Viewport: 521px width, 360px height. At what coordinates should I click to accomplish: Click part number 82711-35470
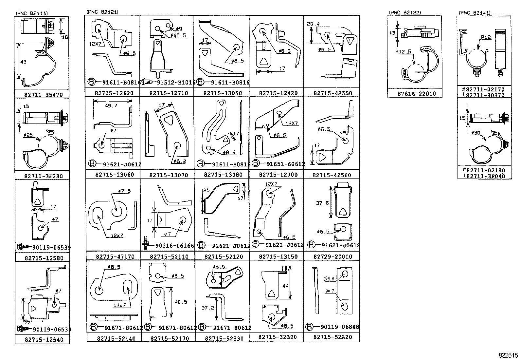tap(43, 95)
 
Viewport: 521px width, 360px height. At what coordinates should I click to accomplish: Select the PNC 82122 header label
tap(404, 13)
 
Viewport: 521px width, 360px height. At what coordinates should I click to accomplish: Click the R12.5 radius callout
tap(403, 52)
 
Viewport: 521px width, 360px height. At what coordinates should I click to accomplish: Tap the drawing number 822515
tap(509, 355)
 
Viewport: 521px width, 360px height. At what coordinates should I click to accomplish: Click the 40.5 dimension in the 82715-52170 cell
tap(181, 302)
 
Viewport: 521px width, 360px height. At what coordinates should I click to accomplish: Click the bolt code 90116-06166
tap(175, 246)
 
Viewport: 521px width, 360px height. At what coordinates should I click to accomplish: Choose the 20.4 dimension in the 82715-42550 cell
tap(313, 24)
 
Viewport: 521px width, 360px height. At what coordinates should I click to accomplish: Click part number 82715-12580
tap(44, 258)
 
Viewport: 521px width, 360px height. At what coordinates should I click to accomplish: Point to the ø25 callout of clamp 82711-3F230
tap(28, 135)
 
